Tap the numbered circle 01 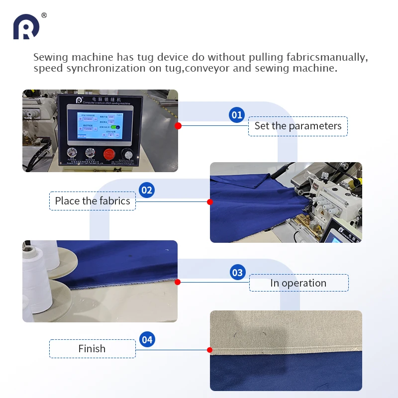(237, 115)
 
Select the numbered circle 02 (147, 190)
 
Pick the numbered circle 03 (237, 272)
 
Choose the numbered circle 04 (147, 340)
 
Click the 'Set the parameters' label (298, 126)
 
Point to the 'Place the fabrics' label (93, 201)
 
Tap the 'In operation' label (298, 283)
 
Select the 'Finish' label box (92, 349)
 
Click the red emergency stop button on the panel (109, 154)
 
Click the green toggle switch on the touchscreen (116, 127)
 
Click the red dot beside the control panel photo (178, 126)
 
